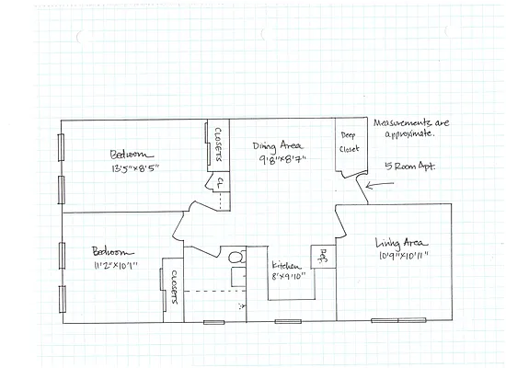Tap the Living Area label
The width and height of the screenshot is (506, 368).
pyautogui.click(x=399, y=243)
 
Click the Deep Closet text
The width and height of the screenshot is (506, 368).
pyautogui.click(x=349, y=141)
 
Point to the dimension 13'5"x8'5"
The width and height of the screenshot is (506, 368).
pyautogui.click(x=137, y=169)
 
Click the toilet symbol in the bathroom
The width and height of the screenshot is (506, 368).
pyautogui.click(x=235, y=259)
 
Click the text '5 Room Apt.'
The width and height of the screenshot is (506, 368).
pyautogui.click(x=408, y=167)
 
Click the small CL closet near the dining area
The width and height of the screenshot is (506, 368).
pyautogui.click(x=221, y=184)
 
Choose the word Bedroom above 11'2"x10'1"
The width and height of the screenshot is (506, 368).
pyautogui.click(x=112, y=251)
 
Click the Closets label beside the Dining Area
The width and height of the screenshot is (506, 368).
pyautogui.click(x=217, y=144)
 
